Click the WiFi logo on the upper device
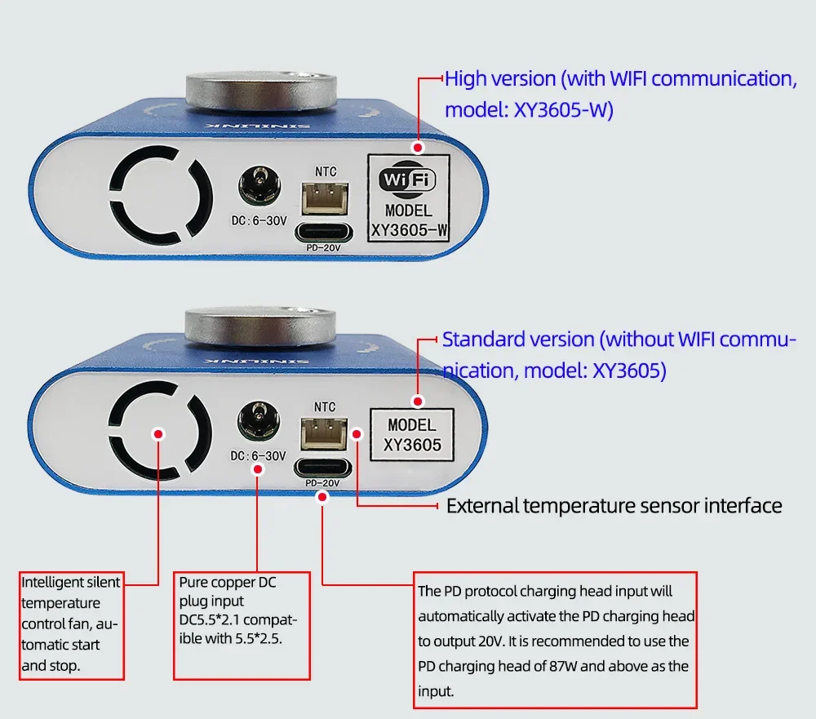click(x=410, y=180)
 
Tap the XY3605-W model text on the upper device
click(x=410, y=231)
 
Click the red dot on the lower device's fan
click(x=158, y=434)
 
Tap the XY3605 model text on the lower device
click(x=412, y=445)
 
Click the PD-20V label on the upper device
click(x=324, y=248)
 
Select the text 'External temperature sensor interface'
click(x=614, y=506)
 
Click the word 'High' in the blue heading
click(x=467, y=79)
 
